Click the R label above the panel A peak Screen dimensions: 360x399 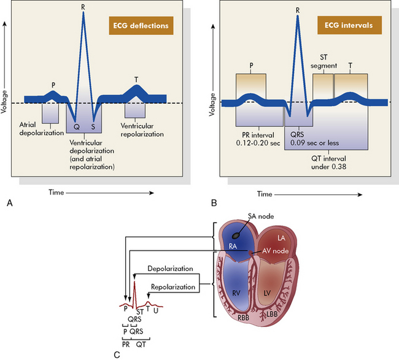pyautogui.click(x=82, y=7)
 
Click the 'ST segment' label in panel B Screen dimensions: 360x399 pyautogui.click(x=323, y=64)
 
